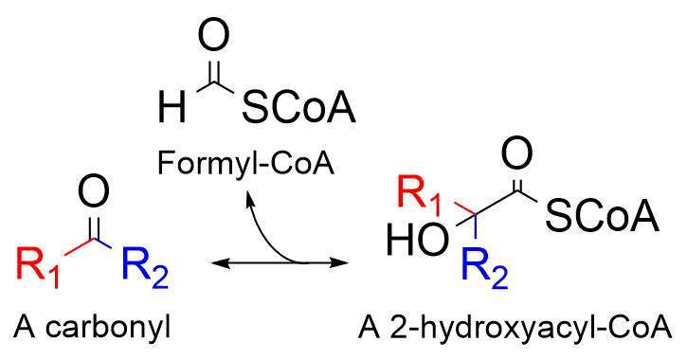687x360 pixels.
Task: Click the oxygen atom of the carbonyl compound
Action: (92, 198)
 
